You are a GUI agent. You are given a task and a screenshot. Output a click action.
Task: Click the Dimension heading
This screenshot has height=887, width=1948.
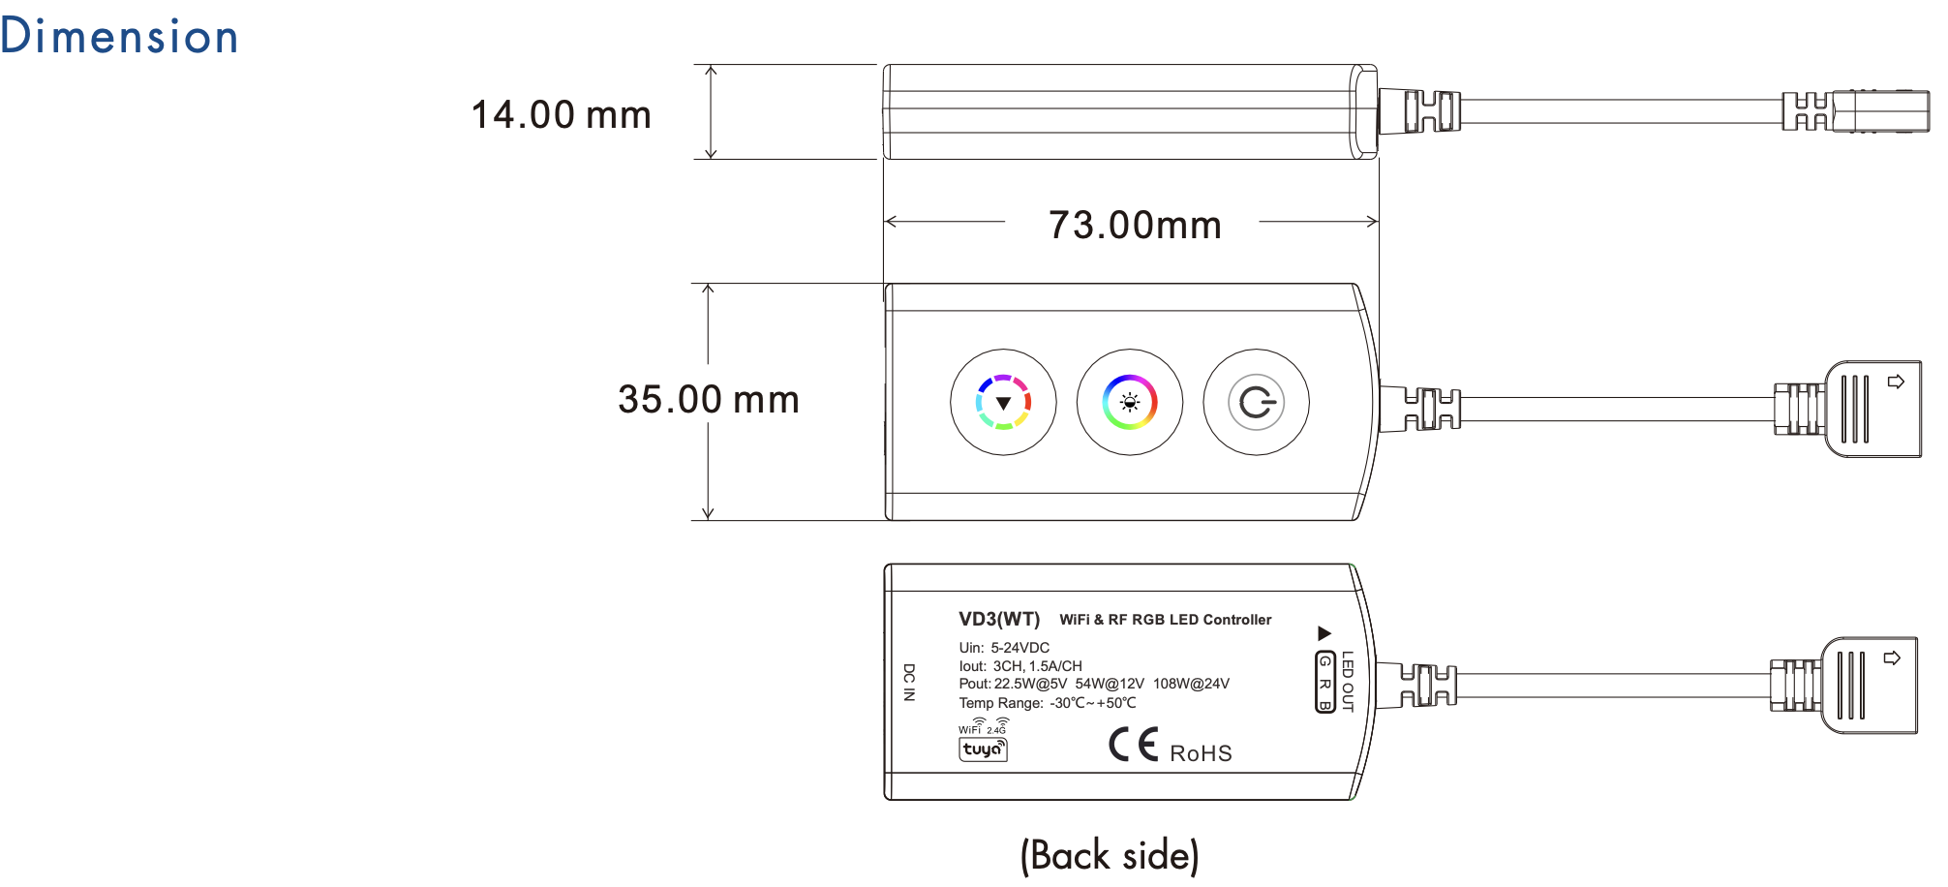pyautogui.click(x=119, y=36)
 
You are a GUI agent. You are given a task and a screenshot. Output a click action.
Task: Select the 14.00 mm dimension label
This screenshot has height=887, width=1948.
pyautogui.click(x=562, y=114)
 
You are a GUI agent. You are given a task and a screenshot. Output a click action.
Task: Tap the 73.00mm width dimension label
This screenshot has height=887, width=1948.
pyautogui.click(x=1135, y=225)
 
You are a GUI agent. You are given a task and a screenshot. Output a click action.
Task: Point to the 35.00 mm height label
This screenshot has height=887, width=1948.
pyautogui.click(x=709, y=399)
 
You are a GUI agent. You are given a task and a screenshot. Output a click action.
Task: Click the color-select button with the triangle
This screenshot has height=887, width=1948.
pyautogui.click(x=1003, y=402)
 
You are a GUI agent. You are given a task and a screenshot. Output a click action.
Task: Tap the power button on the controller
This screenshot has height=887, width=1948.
pyautogui.click(x=1256, y=402)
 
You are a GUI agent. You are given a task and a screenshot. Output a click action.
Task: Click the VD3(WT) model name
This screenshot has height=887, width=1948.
pyautogui.click(x=999, y=619)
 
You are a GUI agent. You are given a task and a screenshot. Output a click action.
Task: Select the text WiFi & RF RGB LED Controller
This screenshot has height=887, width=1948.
pyautogui.click(x=1166, y=620)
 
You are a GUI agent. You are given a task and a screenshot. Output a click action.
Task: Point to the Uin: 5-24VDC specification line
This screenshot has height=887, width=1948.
pyautogui.click(x=1004, y=648)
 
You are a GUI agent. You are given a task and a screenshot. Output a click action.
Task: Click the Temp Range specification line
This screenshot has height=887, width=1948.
pyautogui.click(x=1048, y=703)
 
